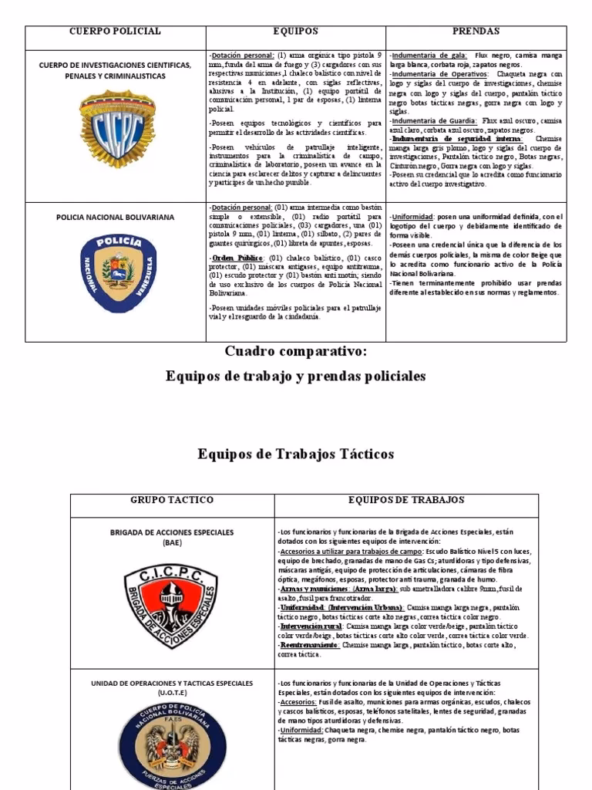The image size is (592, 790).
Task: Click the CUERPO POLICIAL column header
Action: tap(115, 32)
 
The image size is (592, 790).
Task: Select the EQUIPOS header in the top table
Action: tap(295, 32)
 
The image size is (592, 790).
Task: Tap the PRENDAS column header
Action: tap(476, 32)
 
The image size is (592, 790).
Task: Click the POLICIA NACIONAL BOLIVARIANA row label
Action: tap(116, 218)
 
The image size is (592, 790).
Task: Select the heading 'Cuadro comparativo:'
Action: tap(296, 352)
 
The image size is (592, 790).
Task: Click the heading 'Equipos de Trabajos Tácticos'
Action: tap(296, 454)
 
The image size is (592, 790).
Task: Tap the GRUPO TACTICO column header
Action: tap(172, 500)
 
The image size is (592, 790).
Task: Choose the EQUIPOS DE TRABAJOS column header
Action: tap(406, 500)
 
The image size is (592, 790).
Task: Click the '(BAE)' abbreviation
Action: tap(171, 543)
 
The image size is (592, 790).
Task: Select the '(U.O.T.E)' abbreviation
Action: tap(171, 694)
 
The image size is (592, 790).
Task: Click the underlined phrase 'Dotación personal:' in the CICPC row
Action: tap(242, 56)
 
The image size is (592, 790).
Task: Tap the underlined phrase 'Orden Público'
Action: tap(239, 258)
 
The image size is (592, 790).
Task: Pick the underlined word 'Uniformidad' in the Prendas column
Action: tap(412, 217)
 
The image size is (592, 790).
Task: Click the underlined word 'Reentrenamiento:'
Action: tap(309, 644)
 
